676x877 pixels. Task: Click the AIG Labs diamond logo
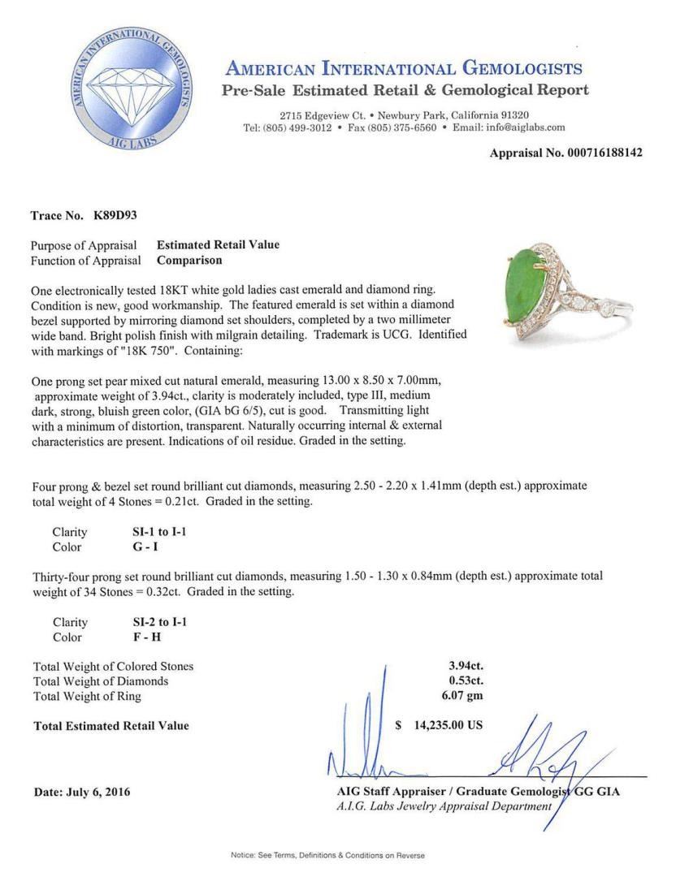coord(132,88)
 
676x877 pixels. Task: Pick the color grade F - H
coord(146,637)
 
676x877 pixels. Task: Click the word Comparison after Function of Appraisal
coord(189,261)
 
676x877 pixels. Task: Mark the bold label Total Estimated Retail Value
coord(111,725)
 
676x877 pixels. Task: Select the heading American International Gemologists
coord(404,68)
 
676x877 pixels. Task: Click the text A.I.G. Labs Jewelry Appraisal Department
coord(444,806)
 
